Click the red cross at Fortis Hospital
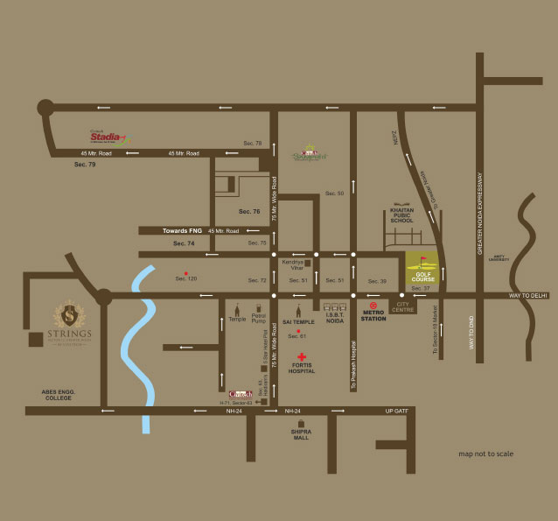303,357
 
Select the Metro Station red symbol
373,307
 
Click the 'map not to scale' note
485,454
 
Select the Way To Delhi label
528,296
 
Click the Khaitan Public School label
401,215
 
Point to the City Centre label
403,308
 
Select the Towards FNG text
182,230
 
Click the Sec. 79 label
86,165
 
